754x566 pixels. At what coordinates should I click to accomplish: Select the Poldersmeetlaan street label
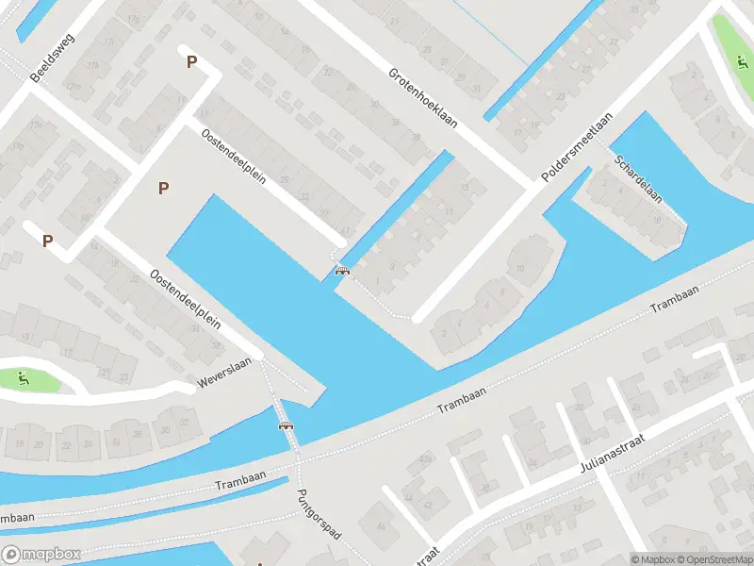[577, 148]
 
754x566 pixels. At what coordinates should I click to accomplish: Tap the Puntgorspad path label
[317, 513]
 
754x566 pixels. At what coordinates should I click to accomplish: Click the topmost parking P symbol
[192, 62]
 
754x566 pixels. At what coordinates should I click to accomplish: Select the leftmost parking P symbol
[47, 241]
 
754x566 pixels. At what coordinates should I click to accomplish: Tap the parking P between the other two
[164, 188]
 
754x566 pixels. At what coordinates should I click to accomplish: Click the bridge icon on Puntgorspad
[286, 426]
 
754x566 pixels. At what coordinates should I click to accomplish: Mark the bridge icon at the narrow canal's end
[342, 272]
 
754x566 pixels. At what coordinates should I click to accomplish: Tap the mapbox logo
[41, 555]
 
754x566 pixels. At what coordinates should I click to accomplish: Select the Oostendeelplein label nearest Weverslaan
[185, 301]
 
